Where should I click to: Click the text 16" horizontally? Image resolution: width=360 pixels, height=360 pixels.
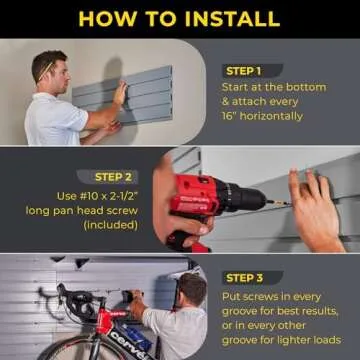pyautogui.click(x=262, y=116)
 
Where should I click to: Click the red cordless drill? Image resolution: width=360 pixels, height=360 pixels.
pyautogui.click(x=205, y=205)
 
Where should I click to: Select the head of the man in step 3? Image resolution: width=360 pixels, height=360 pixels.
pyautogui.click(x=191, y=290)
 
